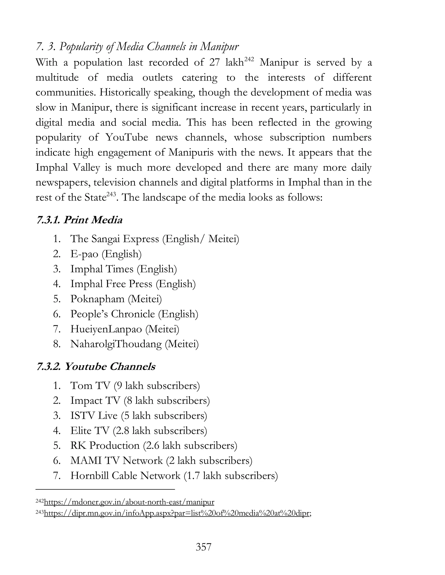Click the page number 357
click(x=204, y=547)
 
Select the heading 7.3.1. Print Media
click(x=79, y=220)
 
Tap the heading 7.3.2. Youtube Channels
click(x=96, y=367)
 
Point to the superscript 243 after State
click(x=111, y=195)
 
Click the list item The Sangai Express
click(x=154, y=239)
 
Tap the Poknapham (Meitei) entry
click(x=116, y=299)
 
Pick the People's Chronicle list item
click(x=134, y=314)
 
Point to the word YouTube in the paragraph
click(x=127, y=137)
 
